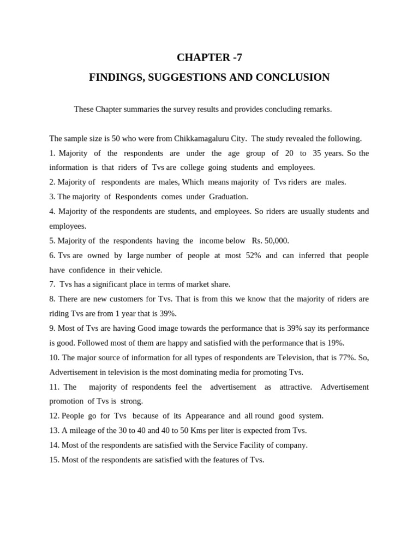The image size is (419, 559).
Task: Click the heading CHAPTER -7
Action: point(209,57)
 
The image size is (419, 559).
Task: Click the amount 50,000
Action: point(277,241)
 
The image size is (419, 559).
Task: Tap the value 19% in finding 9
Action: point(336,343)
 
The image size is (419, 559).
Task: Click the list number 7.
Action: point(52,284)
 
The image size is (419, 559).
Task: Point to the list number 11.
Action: point(54,387)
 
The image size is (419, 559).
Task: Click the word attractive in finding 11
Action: point(295,387)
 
